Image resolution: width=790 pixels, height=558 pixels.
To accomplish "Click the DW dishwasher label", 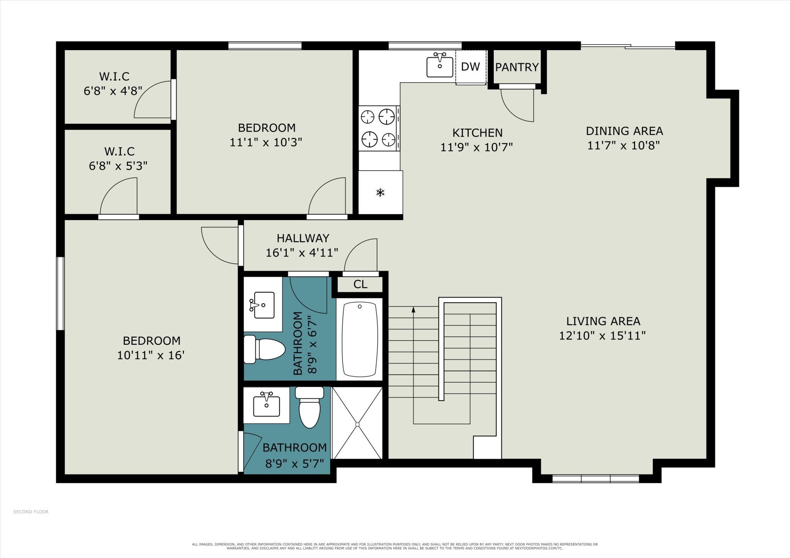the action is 470,67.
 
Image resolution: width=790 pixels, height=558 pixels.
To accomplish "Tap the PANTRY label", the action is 517,67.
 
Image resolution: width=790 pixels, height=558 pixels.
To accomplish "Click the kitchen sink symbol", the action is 440,65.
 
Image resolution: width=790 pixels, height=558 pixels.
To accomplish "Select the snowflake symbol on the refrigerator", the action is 380,192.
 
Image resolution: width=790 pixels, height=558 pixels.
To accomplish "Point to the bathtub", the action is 360,339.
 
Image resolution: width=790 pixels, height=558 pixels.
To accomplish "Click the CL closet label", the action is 360,284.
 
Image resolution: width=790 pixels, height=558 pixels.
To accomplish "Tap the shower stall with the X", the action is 357,423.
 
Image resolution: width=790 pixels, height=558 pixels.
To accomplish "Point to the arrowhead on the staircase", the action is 413,309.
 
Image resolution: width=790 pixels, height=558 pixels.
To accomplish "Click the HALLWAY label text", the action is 303,238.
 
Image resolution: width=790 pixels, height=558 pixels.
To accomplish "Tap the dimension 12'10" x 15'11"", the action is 602,336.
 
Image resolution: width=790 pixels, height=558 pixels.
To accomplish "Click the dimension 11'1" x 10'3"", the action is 266,142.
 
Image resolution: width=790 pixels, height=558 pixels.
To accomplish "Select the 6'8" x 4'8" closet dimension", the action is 113,91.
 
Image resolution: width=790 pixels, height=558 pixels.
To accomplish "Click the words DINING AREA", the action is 624,131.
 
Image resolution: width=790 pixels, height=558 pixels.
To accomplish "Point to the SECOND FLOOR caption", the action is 31,512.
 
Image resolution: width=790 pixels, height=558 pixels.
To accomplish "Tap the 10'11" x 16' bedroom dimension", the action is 151,355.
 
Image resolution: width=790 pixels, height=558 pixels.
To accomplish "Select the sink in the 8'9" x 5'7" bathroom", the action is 267,405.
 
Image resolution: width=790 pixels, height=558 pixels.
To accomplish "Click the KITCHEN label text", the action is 477,133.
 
